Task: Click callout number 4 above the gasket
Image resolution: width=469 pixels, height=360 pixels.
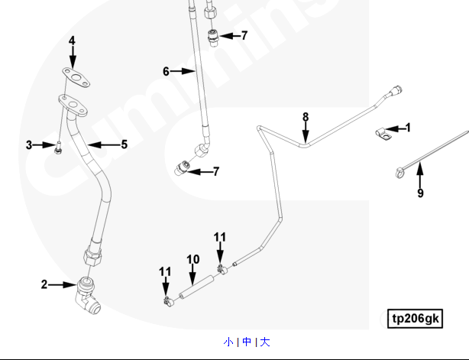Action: [x=73, y=41]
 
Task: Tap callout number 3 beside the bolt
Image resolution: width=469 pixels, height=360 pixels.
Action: [x=29, y=144]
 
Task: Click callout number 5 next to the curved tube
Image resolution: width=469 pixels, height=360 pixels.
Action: [x=123, y=144]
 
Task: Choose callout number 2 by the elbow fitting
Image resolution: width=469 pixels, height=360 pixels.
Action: [x=44, y=284]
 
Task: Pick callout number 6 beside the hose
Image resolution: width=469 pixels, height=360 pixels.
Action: [x=165, y=71]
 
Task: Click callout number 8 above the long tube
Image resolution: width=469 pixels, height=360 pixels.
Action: [x=306, y=117]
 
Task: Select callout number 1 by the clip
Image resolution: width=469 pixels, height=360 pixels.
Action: [x=408, y=128]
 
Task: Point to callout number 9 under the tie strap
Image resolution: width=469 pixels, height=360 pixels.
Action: [x=420, y=193]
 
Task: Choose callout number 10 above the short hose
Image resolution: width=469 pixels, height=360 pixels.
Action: [x=193, y=260]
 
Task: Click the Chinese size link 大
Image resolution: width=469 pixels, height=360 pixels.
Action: [x=265, y=342]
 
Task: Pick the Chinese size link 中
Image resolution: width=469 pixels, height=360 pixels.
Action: [x=247, y=342]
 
